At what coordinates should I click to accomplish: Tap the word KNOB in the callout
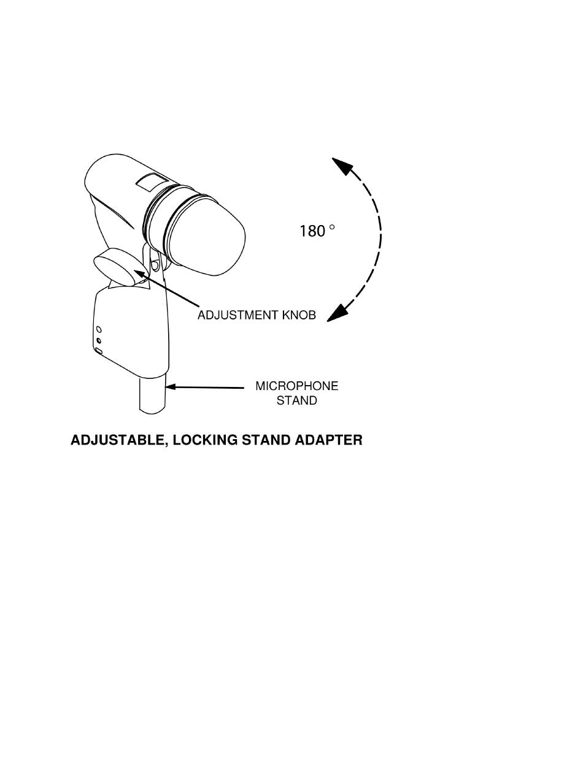[x=299, y=316]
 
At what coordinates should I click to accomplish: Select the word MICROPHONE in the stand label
[x=296, y=386]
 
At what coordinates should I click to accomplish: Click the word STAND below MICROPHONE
[x=296, y=401]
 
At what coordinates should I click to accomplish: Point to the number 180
[x=312, y=231]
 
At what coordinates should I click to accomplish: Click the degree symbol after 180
[x=332, y=227]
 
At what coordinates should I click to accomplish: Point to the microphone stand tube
[x=153, y=396]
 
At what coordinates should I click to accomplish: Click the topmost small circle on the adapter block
[x=99, y=330]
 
